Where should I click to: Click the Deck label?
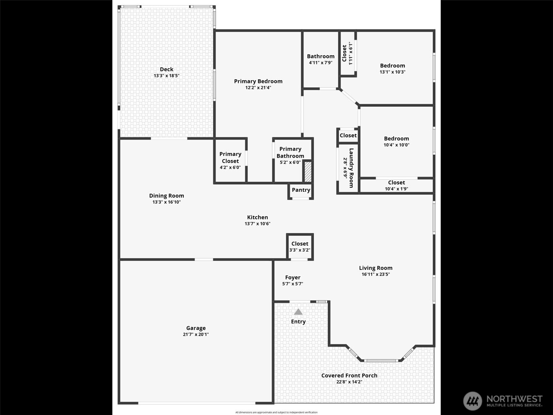click(x=167, y=70)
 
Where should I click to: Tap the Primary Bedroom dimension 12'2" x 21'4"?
click(x=258, y=88)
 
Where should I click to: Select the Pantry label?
click(x=301, y=190)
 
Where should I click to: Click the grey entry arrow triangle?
click(x=298, y=312)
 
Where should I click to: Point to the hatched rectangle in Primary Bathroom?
click(x=308, y=172)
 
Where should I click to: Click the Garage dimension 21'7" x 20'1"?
click(x=196, y=334)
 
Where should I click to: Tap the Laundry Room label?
click(x=351, y=168)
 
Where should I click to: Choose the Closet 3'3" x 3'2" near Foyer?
click(x=300, y=247)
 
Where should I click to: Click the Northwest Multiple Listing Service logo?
click(x=503, y=401)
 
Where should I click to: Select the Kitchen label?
click(x=257, y=217)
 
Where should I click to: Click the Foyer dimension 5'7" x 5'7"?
click(x=292, y=284)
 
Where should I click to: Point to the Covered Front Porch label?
click(x=349, y=376)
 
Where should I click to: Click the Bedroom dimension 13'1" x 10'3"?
click(x=392, y=72)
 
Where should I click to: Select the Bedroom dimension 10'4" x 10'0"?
click(x=396, y=145)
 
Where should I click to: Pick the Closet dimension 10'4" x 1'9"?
click(x=396, y=189)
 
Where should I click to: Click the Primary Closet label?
click(x=230, y=157)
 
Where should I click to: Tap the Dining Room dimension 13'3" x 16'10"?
click(x=167, y=202)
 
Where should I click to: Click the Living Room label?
click(x=375, y=268)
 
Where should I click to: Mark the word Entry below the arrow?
click(x=298, y=322)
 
